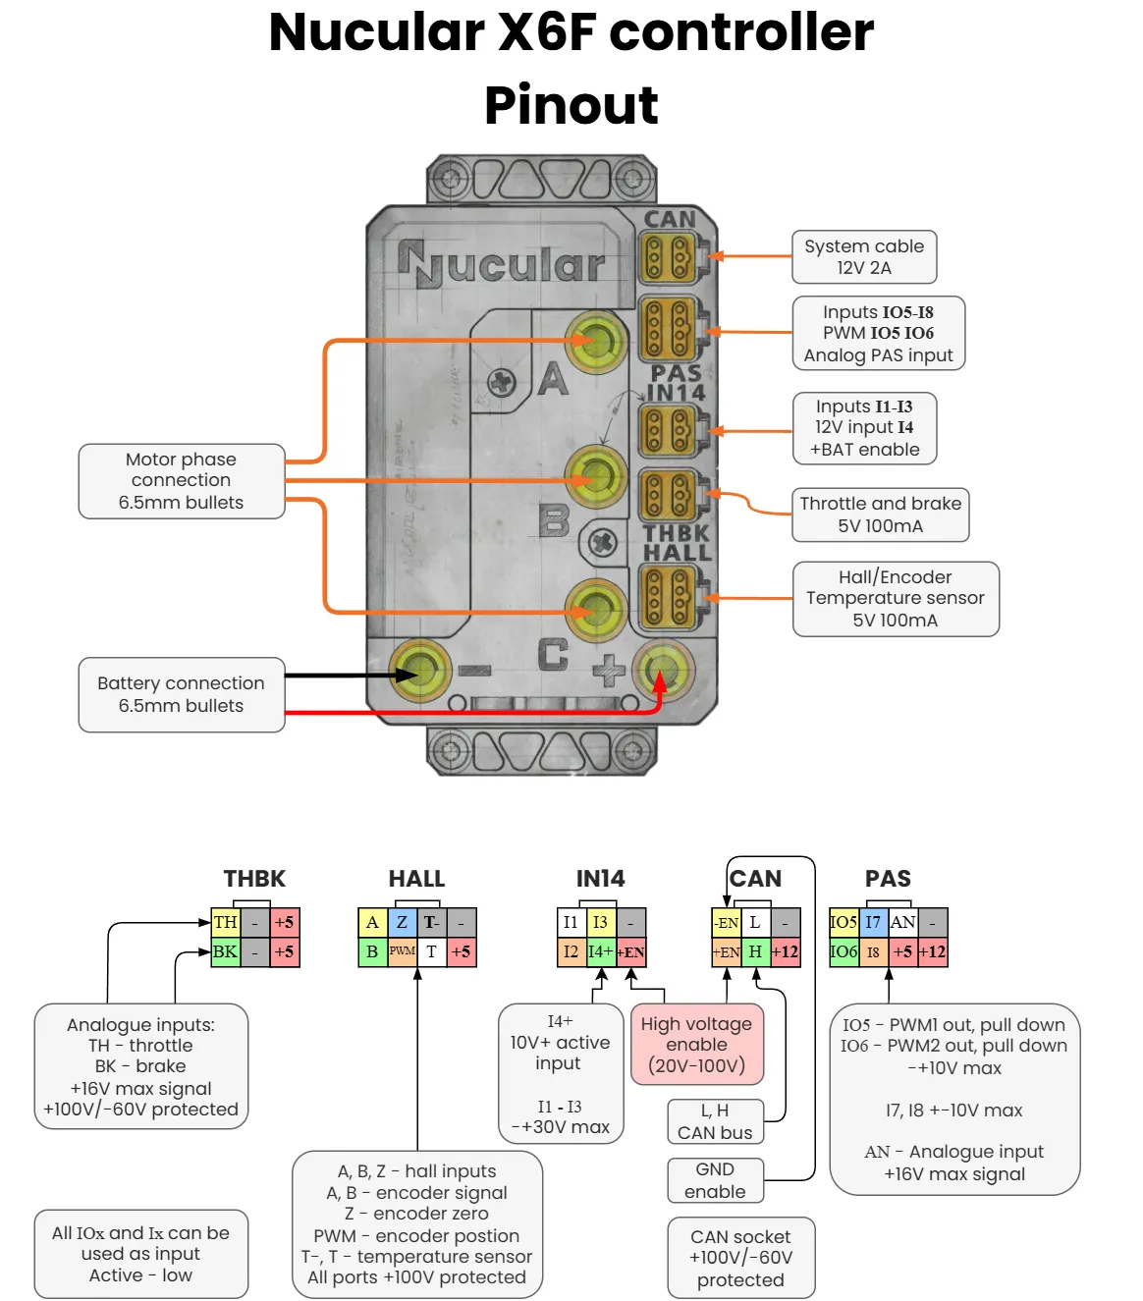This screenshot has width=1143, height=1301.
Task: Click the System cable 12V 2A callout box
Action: tap(864, 257)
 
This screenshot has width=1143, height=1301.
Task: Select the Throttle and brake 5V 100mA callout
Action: tap(880, 515)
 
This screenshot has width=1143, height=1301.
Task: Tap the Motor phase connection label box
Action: tap(182, 481)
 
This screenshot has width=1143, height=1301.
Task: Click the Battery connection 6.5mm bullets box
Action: tap(182, 694)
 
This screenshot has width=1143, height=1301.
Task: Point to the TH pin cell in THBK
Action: tap(226, 922)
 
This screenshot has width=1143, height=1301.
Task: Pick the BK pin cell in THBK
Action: tap(226, 951)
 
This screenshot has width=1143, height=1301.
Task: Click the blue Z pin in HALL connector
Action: tap(403, 922)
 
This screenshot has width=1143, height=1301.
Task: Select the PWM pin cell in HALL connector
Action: tap(403, 951)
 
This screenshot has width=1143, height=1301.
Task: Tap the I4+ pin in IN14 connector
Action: tap(600, 951)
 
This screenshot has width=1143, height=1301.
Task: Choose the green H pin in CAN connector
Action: tap(755, 951)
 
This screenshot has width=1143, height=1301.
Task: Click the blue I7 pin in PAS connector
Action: tap(873, 922)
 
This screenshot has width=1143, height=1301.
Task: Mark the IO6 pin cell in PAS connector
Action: tap(844, 951)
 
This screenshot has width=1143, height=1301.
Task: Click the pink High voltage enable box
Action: tap(696, 1045)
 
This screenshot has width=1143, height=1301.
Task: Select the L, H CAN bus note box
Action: tap(715, 1121)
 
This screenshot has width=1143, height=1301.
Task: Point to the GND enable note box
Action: tap(715, 1180)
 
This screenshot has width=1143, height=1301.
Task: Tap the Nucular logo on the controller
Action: tap(501, 264)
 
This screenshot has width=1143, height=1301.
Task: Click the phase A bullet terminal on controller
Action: tap(597, 341)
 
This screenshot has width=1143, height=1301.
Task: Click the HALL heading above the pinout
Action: tap(416, 879)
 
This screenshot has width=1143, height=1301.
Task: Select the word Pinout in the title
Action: tap(571, 105)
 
